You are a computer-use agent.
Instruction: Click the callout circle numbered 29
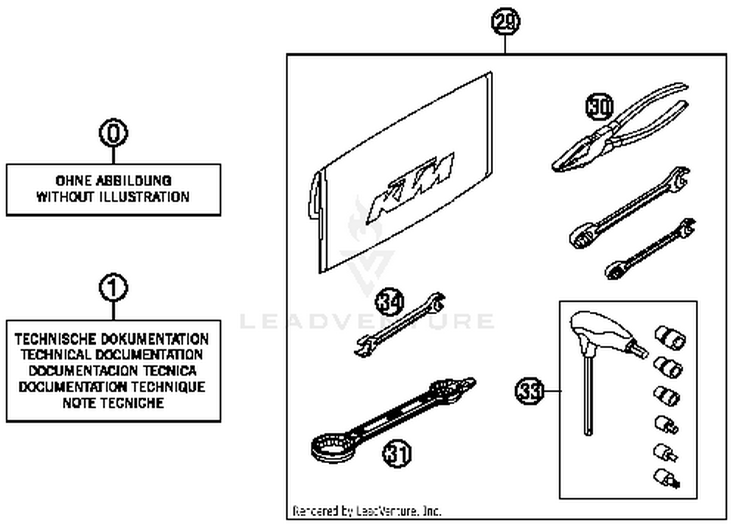coord(505,22)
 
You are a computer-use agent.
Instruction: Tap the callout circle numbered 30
coord(600,106)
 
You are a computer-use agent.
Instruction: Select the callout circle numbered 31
coord(396,453)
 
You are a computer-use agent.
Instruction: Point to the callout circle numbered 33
coord(529,391)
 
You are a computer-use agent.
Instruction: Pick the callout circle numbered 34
coord(390,301)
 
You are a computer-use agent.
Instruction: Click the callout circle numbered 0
coord(113,133)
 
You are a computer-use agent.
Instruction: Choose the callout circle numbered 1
coord(113,288)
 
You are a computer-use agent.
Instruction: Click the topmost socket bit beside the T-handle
coord(670,337)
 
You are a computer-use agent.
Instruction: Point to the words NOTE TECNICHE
coord(113,403)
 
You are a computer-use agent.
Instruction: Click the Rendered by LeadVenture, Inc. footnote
coord(367,511)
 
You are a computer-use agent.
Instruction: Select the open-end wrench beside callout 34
coord(400,325)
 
